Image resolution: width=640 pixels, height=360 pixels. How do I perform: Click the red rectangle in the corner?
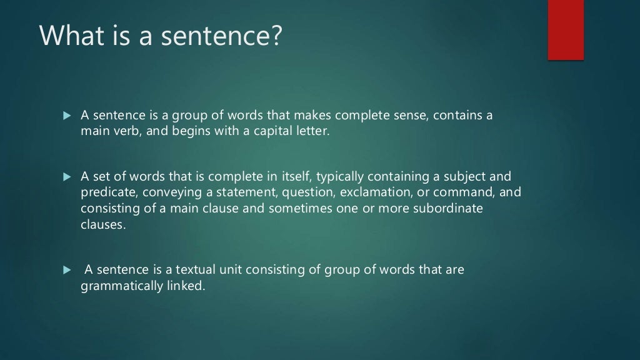pos(566,30)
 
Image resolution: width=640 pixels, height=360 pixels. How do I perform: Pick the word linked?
pos(187,287)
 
